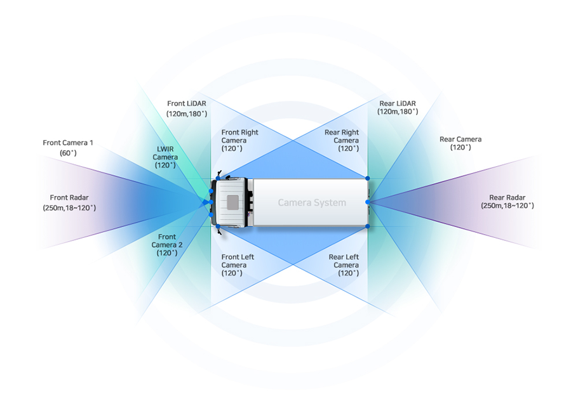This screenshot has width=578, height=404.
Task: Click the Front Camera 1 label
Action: pos(68,148)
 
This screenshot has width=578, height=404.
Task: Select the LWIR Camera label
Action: pos(165,157)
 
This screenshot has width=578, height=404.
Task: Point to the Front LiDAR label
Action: pos(186,108)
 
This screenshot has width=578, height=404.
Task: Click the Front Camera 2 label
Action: pos(167,244)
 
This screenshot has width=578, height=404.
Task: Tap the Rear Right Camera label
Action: pos(341,140)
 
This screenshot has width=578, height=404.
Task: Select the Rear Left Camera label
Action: pos(344,265)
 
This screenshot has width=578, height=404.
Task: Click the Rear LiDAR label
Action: pos(398,107)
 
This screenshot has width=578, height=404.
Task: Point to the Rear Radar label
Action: pos(507,202)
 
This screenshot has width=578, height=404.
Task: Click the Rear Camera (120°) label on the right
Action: pos(460,143)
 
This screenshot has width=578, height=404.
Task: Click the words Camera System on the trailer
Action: pos(312,203)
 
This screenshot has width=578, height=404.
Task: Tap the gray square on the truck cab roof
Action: pos(233,202)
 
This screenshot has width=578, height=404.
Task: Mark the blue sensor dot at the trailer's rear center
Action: pos(368,202)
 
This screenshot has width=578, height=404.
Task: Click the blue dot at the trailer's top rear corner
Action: pos(368,178)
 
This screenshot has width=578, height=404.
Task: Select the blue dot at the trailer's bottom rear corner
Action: pos(368,226)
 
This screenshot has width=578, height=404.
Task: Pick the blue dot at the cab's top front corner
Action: pos(218,179)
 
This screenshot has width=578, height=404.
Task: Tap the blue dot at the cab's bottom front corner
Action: pos(218,226)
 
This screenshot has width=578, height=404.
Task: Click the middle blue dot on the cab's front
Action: pos(212,202)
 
